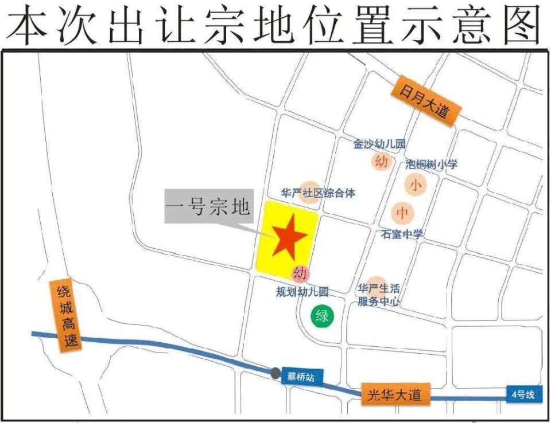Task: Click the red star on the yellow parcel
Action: tap(286, 236)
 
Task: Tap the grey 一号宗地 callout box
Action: tap(208, 206)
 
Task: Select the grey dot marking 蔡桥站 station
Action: tap(276, 373)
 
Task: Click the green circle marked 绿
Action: tap(321, 315)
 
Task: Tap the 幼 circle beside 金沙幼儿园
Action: tap(381, 161)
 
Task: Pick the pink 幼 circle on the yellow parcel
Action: tap(300, 273)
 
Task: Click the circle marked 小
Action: tap(415, 186)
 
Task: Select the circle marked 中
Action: tap(403, 213)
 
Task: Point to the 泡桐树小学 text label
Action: tap(431, 164)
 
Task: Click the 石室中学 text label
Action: tap(402, 234)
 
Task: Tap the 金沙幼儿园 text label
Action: tap(379, 144)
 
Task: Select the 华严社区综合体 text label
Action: tap(317, 193)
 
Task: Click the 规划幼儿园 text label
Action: tap(302, 292)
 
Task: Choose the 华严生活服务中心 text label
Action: tap(379, 294)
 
